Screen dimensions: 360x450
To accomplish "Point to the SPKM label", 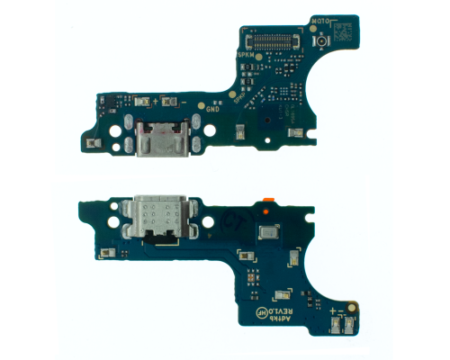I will pyautogui.click(x=246, y=56).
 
